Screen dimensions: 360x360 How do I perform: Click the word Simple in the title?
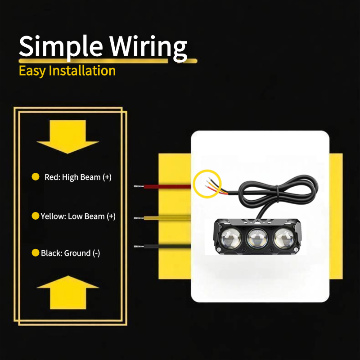61,47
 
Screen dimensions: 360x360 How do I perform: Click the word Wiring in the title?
148,47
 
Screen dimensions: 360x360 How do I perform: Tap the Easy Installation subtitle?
67,71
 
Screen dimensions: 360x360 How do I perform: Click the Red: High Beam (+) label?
78,177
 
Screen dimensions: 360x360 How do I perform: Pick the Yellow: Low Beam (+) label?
78,216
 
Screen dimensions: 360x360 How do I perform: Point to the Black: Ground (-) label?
70,253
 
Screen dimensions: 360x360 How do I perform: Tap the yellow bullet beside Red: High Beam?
36,177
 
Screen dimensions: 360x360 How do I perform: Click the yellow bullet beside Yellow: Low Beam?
36,216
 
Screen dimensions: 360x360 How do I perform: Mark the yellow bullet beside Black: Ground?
36,252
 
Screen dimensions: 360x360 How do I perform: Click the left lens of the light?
231,238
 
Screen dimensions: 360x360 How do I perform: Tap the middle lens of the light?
257,238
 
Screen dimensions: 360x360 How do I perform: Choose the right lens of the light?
284,238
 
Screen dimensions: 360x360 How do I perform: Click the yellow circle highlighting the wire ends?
195,184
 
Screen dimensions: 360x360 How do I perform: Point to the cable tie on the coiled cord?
278,194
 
